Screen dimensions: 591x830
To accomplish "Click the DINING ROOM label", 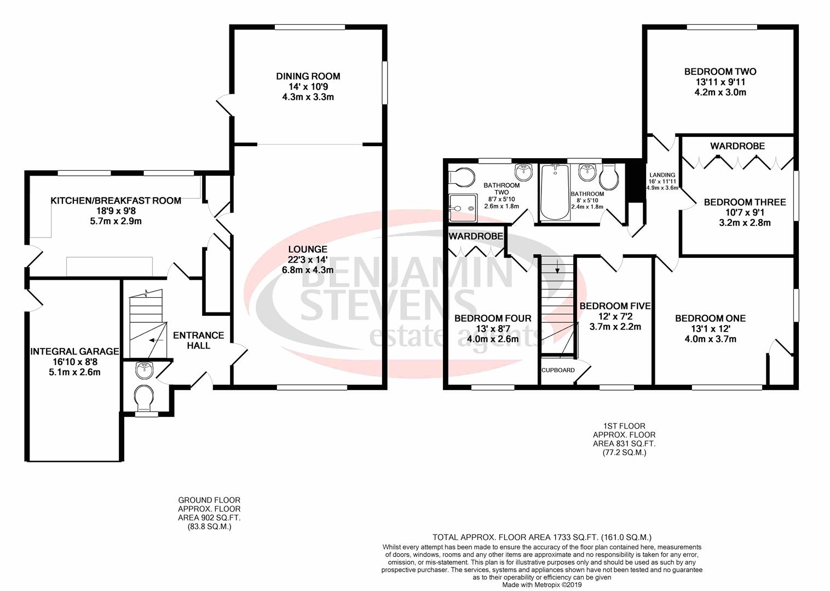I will point(308,76).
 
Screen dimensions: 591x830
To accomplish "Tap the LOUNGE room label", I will point(308,249).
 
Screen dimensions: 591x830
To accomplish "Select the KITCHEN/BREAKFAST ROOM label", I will point(116,200).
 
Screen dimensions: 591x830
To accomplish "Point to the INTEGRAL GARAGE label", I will point(74,351).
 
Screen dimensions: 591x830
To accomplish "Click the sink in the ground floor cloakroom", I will point(145,370).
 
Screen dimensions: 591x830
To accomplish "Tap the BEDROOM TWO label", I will point(720,72).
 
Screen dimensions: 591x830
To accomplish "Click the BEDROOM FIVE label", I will point(615,306).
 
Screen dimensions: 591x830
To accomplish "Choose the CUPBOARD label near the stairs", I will point(558,370).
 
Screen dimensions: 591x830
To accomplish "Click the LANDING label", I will point(662,175).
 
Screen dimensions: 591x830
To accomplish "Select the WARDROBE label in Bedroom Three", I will point(737,146).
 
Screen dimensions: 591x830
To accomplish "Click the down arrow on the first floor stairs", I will point(557,268).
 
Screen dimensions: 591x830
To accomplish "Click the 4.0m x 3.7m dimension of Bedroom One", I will point(710,339).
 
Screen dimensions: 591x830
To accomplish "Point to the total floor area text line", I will point(541,537).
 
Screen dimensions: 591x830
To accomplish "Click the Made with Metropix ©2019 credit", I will point(542,584).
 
